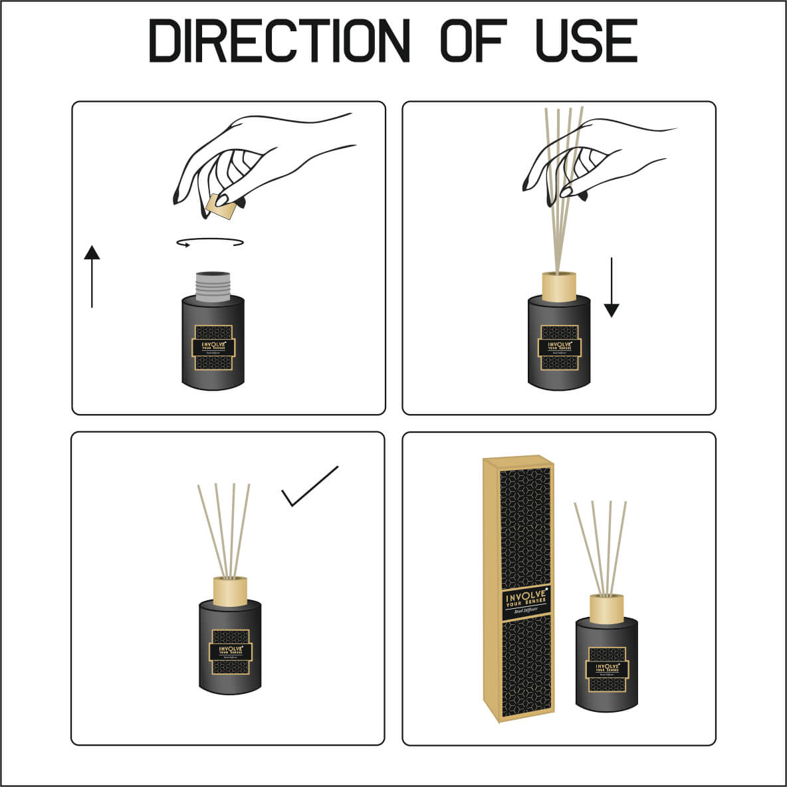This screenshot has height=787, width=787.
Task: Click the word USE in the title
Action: (x=586, y=41)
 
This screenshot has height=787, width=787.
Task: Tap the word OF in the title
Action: (x=473, y=41)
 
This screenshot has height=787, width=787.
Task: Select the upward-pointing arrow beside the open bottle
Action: (x=92, y=277)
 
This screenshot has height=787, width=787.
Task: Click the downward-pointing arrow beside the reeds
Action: (x=612, y=287)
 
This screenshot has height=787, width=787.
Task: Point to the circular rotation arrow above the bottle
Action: (x=210, y=243)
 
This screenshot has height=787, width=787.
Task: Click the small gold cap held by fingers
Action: (x=221, y=207)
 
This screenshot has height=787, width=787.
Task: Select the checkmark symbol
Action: (x=310, y=487)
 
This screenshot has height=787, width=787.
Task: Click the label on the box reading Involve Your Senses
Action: (x=525, y=602)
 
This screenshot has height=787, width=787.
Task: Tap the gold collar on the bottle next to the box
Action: (x=606, y=607)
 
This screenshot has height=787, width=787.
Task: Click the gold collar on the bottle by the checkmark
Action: (x=231, y=590)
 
